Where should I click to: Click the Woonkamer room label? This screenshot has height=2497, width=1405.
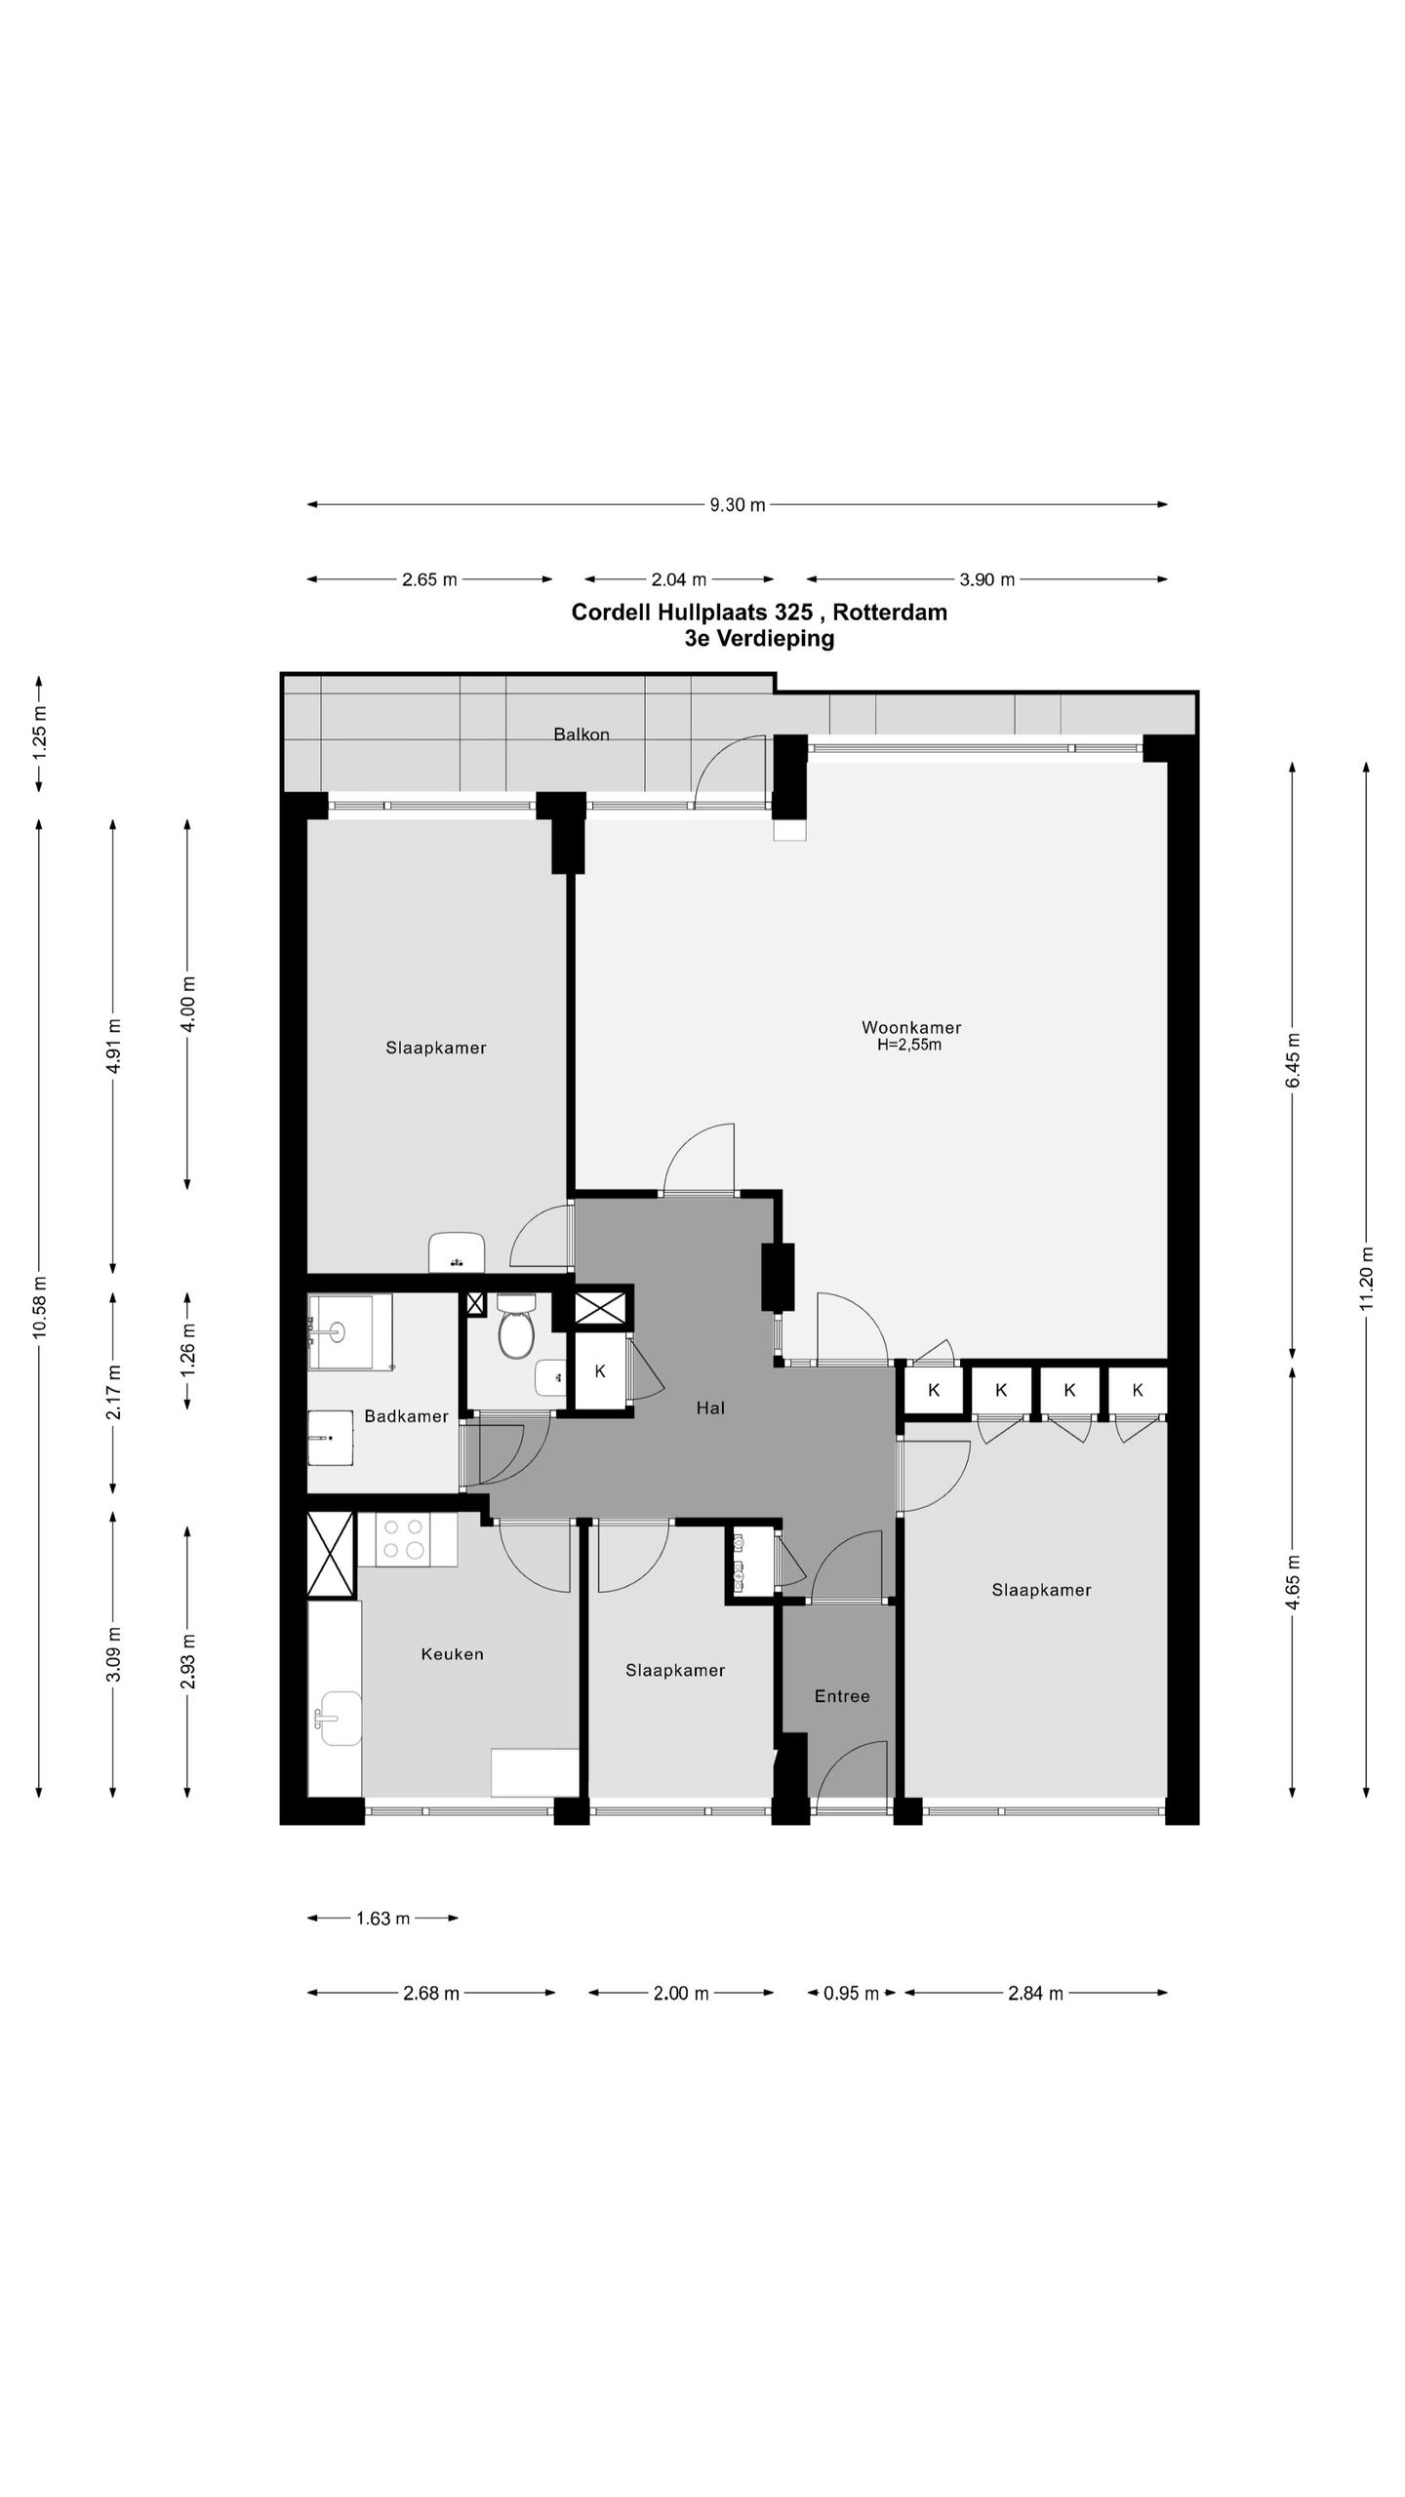tap(911, 1027)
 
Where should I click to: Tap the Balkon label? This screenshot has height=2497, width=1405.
tap(582, 734)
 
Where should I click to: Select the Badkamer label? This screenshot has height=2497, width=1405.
tap(406, 1416)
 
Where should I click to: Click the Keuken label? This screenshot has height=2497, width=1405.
tap(452, 1653)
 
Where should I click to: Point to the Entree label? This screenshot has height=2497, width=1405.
tap(842, 1696)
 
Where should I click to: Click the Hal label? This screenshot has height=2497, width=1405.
tap(710, 1407)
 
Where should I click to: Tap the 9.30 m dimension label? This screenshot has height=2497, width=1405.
tap(737, 504)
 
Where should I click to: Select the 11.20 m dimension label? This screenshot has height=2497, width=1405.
tap(1366, 1279)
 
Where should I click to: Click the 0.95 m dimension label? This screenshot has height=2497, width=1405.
tap(851, 1993)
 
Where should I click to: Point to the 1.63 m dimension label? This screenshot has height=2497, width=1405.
tap(382, 1919)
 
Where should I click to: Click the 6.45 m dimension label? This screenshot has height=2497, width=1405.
tap(1293, 1060)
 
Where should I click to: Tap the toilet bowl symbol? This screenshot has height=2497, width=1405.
tap(515, 1327)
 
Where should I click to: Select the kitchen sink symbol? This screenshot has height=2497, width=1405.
tap(339, 1718)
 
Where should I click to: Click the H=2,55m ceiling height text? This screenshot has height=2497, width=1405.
tap(909, 1046)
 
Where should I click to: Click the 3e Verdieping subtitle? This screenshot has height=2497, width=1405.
tap(759, 639)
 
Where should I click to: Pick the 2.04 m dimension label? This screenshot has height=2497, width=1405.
tap(678, 579)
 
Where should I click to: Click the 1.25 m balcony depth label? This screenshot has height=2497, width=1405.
tap(39, 733)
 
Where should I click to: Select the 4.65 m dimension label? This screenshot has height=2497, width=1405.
tap(1293, 1581)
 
